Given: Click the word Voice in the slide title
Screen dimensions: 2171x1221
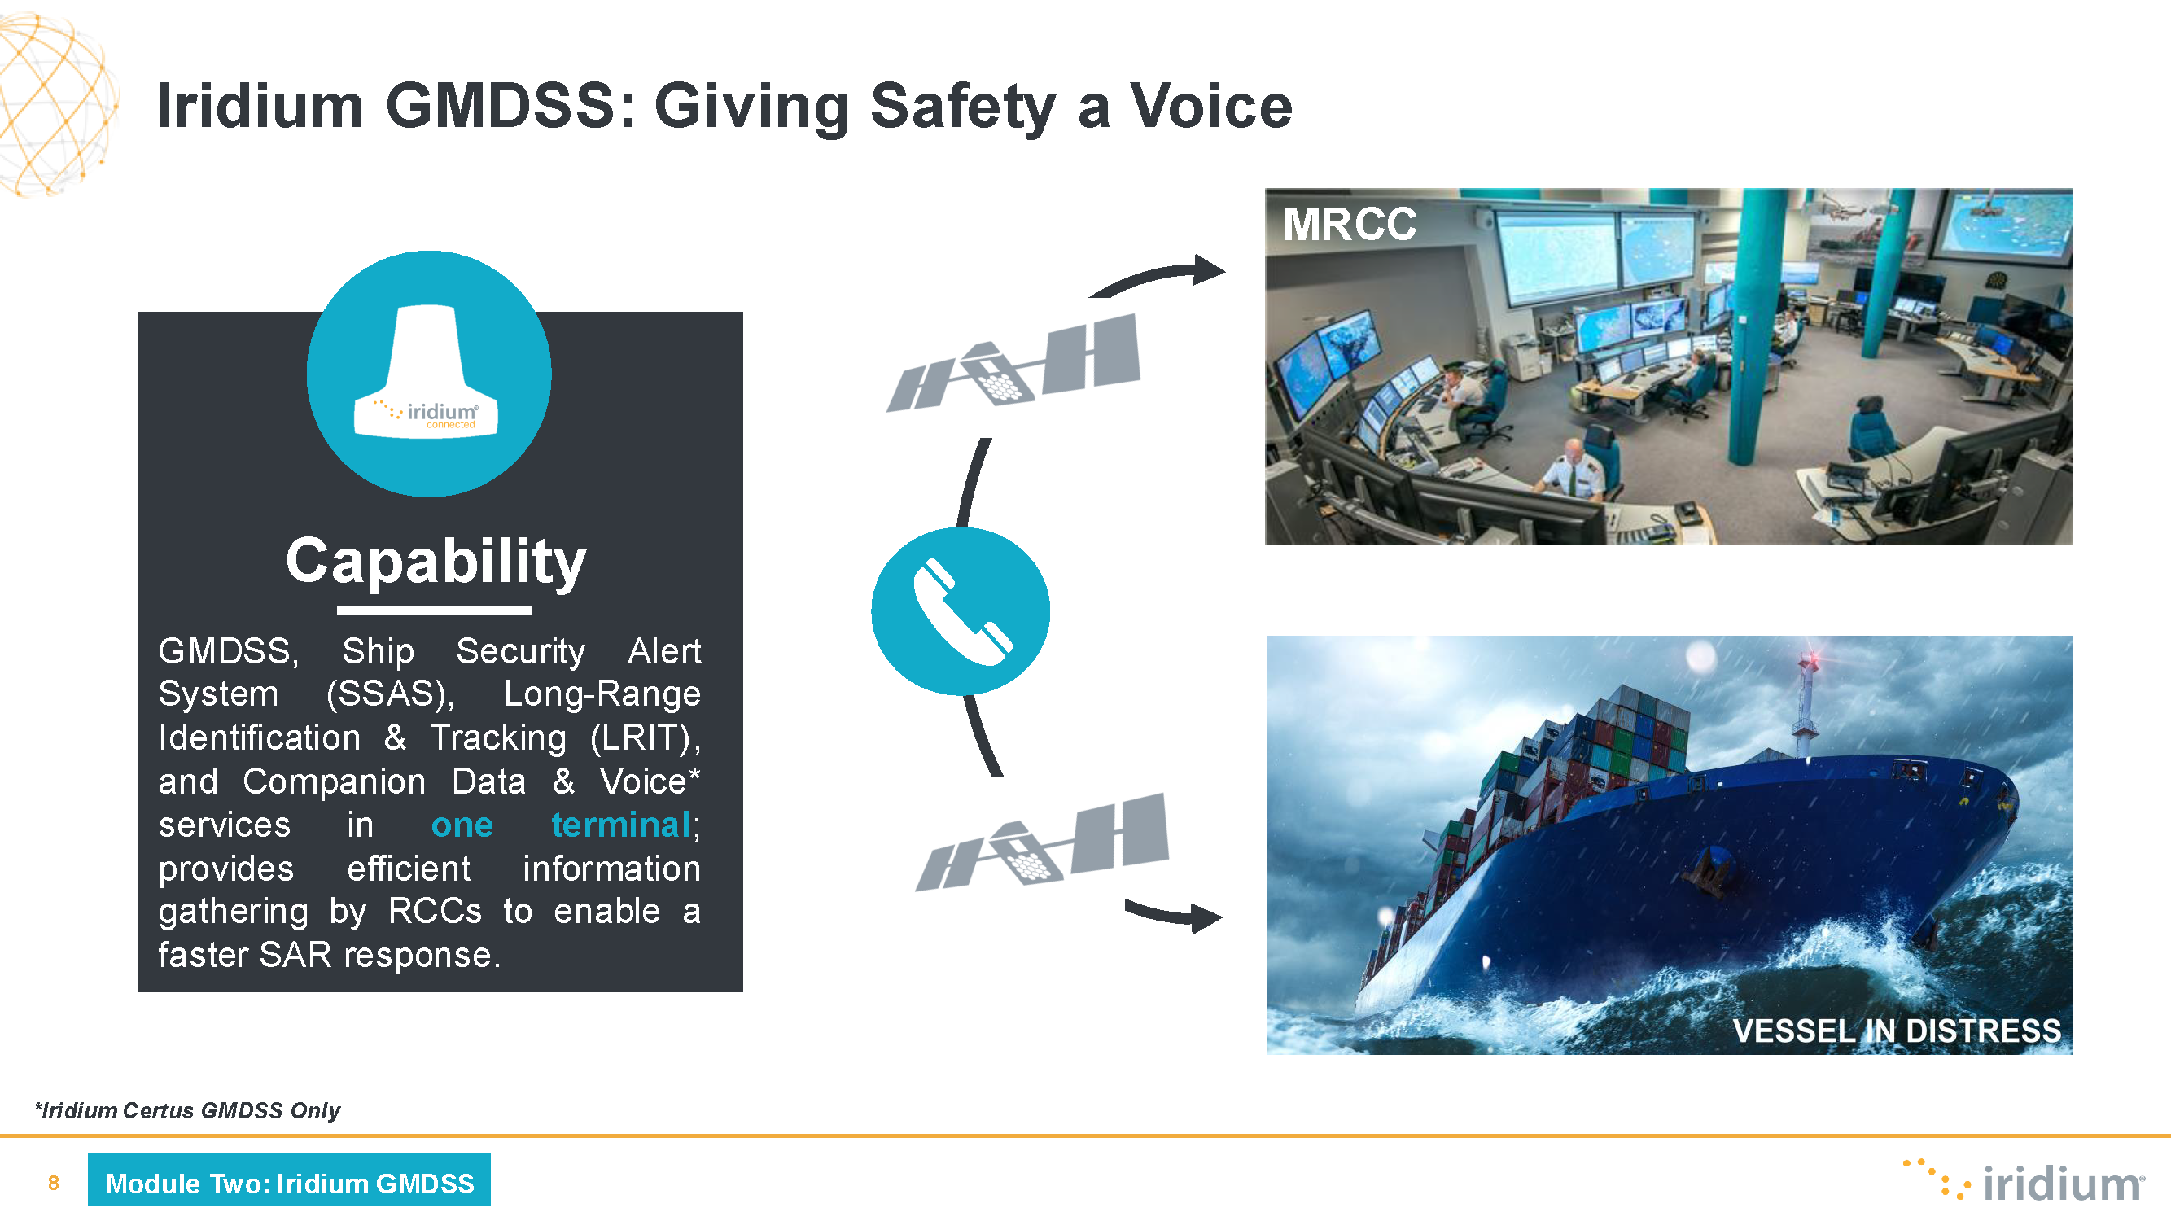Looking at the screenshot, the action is tap(1210, 106).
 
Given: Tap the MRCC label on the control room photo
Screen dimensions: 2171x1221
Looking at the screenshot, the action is tap(1350, 224).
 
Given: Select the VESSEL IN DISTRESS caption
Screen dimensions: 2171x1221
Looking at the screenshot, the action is tap(1896, 1031).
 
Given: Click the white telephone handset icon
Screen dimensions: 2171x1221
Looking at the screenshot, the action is tap(962, 612).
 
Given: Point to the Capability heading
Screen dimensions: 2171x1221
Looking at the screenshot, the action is tap(435, 561).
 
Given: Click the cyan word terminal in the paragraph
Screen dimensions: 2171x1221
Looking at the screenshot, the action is tap(621, 824).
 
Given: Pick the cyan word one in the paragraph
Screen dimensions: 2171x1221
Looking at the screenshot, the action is tap(462, 825).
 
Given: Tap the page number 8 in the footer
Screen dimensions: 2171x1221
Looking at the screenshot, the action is tap(53, 1183).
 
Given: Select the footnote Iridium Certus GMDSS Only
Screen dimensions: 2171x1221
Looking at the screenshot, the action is tap(187, 1109).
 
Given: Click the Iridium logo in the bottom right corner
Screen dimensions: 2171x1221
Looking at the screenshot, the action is tap(2023, 1180).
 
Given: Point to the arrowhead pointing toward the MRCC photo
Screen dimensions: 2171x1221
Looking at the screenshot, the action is tap(1209, 269).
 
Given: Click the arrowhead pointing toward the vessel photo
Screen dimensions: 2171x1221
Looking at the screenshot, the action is tap(1206, 917).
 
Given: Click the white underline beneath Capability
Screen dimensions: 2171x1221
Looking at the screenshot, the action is tap(434, 610).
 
